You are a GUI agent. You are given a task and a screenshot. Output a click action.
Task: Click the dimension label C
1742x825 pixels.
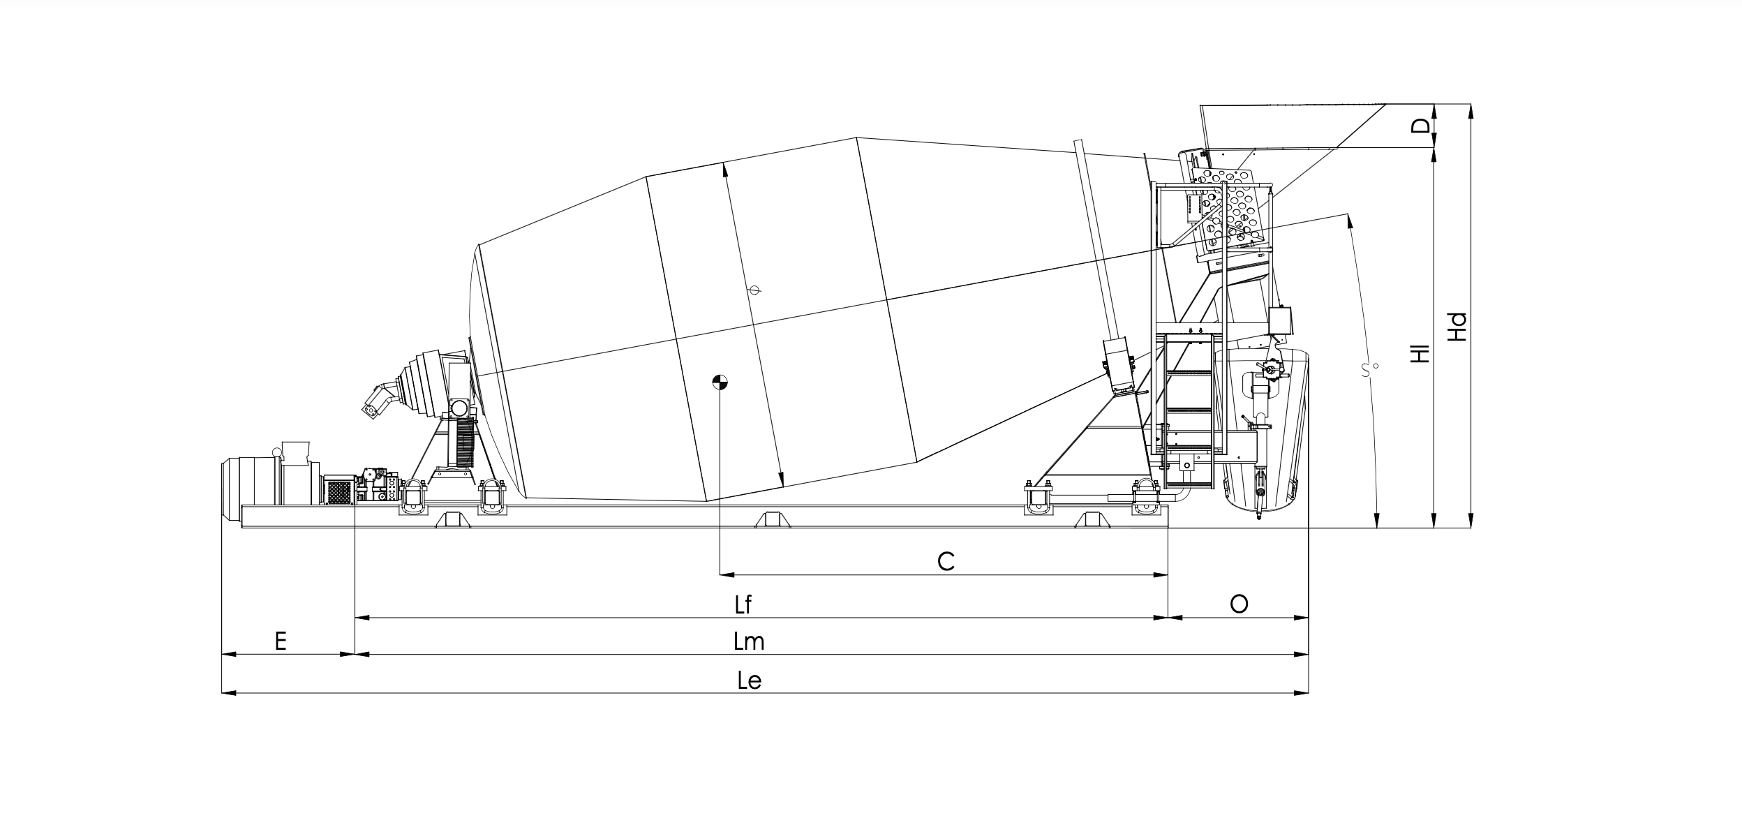946,561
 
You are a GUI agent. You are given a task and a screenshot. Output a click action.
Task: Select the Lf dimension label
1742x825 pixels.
743,604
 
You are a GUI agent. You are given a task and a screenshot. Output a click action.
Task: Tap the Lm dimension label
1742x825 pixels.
749,641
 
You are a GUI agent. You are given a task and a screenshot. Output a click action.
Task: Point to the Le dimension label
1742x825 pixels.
749,680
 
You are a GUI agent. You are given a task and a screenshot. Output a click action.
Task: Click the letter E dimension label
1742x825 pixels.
281,641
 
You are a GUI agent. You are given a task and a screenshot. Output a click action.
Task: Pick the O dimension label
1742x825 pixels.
1239,604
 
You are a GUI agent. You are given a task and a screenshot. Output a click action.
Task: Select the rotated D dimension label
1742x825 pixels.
1420,126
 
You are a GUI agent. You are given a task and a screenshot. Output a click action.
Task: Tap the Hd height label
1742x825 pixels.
1457,327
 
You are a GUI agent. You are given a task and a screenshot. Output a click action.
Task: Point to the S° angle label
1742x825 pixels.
1370,369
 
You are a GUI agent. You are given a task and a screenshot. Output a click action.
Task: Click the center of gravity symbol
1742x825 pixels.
720,382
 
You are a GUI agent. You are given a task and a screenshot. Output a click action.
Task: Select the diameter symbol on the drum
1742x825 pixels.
754,289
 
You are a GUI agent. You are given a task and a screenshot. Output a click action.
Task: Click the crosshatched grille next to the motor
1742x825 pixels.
339,492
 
